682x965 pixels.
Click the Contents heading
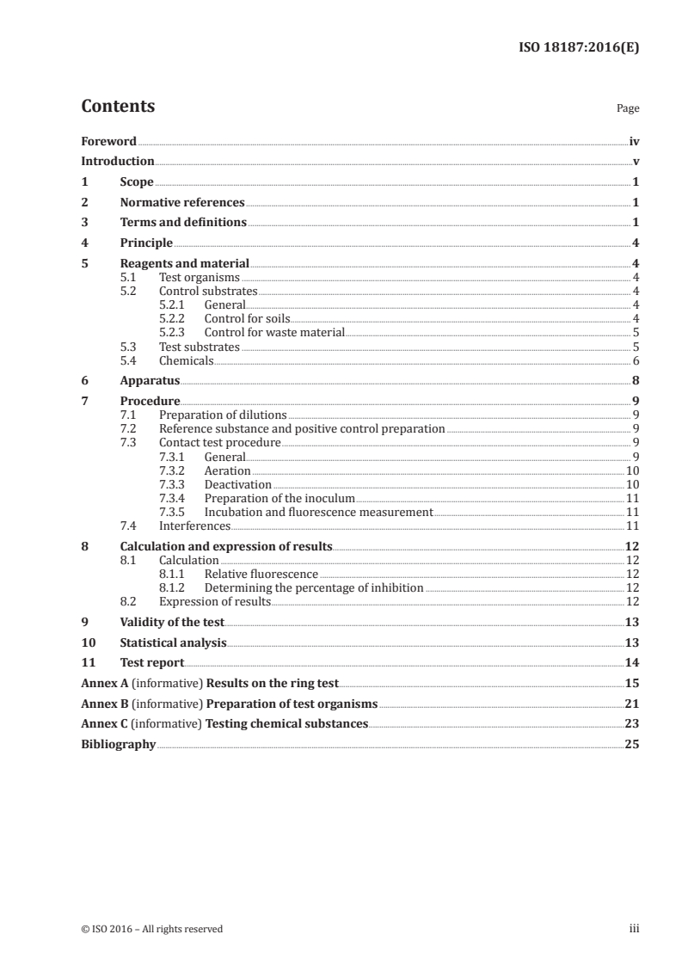118,107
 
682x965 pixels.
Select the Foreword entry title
108,141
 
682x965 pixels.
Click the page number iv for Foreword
634,141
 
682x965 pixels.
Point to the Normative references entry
182,203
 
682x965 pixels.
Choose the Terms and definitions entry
183,223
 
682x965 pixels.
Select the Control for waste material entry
274,332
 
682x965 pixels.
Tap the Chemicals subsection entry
187,360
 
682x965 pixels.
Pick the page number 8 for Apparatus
635,380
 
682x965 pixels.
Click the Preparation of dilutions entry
223,415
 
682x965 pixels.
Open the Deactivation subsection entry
238,484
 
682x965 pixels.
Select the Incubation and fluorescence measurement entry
318,512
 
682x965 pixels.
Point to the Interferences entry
195,526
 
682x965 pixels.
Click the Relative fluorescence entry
261,574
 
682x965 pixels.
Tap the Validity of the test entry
172,622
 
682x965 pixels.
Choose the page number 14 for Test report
632,662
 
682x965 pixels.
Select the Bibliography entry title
118,744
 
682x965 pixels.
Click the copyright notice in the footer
151,929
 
